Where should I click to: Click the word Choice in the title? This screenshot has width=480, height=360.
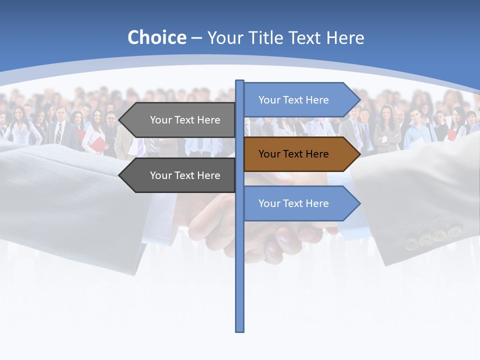156,37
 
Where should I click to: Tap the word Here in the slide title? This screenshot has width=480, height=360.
345,38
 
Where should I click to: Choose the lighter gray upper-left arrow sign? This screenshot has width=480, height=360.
180,120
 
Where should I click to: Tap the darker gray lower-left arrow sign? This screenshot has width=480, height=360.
180,175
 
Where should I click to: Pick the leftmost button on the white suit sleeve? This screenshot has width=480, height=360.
410,243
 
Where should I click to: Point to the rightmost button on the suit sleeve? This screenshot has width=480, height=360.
454,231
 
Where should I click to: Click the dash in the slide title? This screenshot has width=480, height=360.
196,38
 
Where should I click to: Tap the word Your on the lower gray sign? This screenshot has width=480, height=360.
161,175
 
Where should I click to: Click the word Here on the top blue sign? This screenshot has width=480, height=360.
317,100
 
